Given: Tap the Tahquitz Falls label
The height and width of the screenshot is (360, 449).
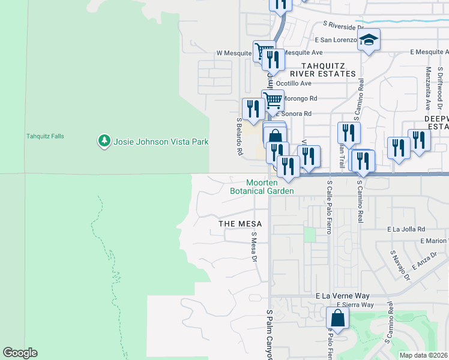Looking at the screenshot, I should click(x=45, y=136).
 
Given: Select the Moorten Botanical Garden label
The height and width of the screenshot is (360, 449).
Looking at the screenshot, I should click(x=262, y=187).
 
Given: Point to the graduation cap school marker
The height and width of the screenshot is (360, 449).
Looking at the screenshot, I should click(x=369, y=41).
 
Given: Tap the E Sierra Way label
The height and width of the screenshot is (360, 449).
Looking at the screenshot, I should click(x=355, y=305).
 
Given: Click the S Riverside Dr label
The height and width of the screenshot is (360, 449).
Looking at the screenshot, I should click(x=343, y=26).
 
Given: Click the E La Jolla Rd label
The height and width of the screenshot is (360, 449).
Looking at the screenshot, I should click(x=406, y=229).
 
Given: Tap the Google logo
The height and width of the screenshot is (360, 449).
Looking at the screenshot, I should click(x=20, y=353).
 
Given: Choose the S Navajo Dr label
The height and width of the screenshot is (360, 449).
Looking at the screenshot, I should click(x=400, y=266).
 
